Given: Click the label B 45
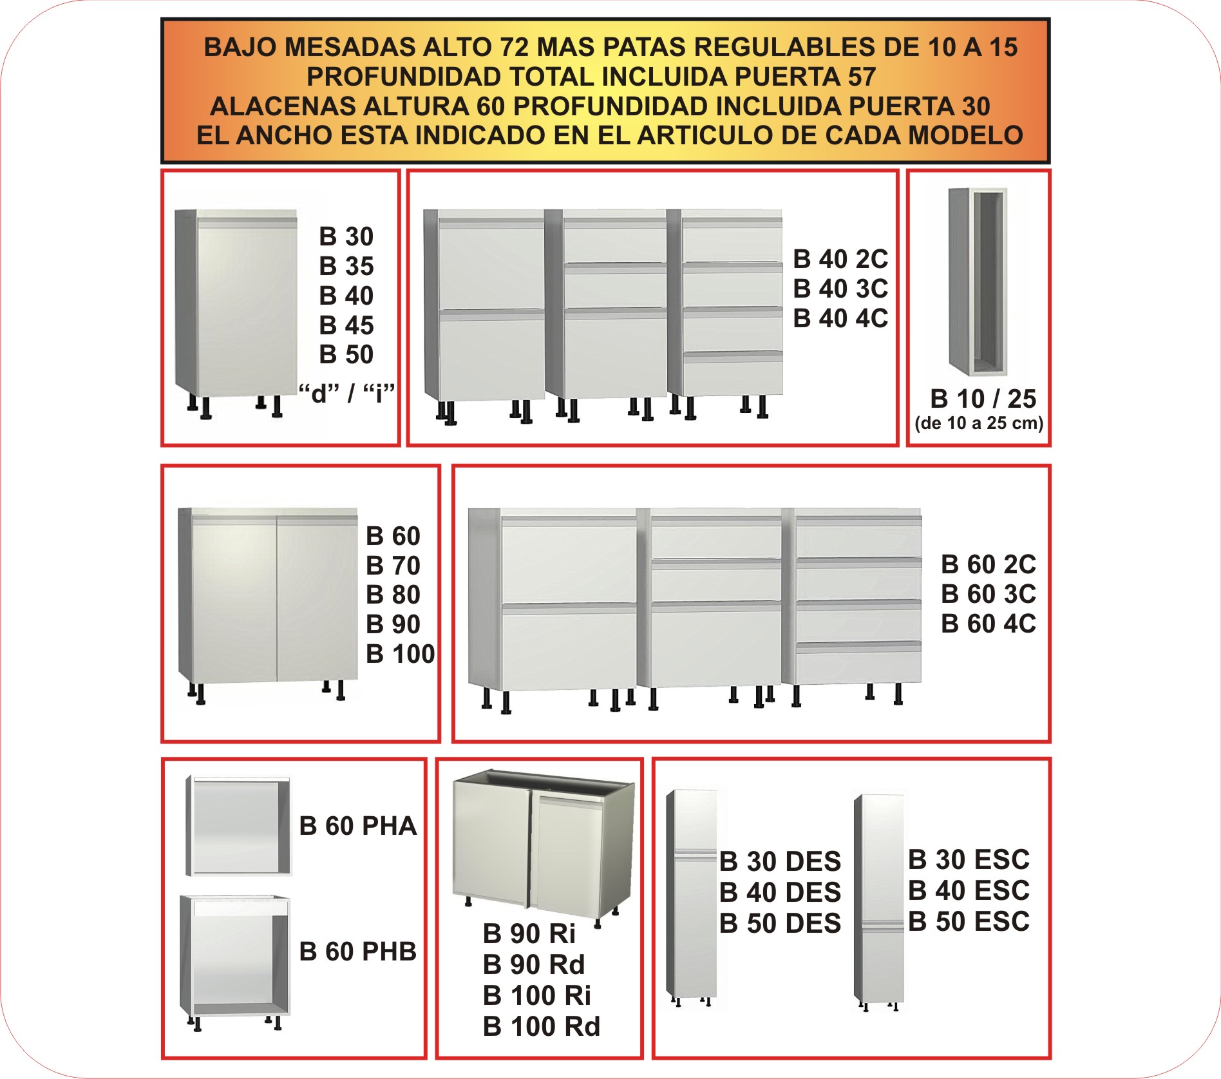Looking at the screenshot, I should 346,325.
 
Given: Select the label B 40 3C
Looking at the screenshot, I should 840,289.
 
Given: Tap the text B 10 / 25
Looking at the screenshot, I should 983,399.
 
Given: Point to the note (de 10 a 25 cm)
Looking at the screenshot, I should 979,423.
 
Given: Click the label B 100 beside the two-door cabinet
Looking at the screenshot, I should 400,654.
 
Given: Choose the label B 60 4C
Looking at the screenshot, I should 988,624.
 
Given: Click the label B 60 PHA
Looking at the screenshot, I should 358,826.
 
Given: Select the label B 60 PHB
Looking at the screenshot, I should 358,951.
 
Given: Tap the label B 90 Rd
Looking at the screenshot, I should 533,964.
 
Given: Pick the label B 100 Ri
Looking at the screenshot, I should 536,995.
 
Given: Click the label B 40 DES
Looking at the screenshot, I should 780,892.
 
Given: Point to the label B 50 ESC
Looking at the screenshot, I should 969,921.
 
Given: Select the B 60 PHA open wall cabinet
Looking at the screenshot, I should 238,826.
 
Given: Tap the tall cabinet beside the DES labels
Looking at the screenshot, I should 692,895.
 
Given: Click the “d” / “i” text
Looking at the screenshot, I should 346,392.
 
